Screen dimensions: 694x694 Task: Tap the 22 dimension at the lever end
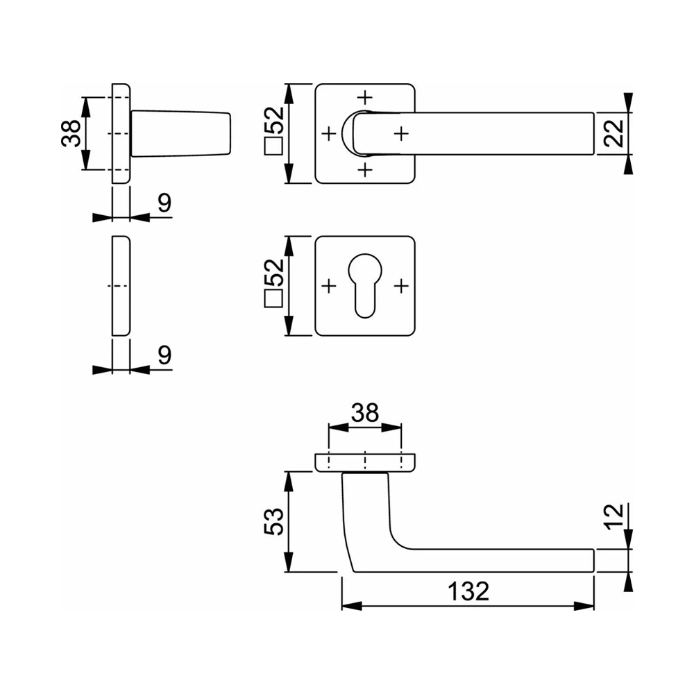pos(613,132)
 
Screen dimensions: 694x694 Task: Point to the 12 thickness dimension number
pos(613,517)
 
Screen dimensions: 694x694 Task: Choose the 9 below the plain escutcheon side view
pos(164,355)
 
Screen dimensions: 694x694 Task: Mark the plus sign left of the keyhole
pos(329,285)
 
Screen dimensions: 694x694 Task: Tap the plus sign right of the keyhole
pos(401,285)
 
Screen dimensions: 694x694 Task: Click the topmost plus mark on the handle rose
pos(365,96)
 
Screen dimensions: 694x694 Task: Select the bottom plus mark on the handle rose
pos(365,169)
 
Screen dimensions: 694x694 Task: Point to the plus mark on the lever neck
pos(401,132)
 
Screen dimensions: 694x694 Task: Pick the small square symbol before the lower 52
pos(273,300)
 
